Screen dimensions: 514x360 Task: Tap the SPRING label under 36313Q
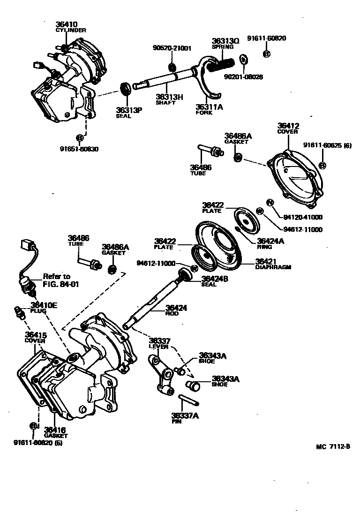[220, 47]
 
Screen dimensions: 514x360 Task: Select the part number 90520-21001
[172, 48]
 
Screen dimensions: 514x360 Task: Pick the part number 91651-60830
[79, 149]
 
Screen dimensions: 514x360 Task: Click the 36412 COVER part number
[288, 126]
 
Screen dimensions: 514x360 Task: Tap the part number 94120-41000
[303, 217]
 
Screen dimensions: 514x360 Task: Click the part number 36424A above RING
[271, 241]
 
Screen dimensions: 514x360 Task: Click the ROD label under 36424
[172, 313]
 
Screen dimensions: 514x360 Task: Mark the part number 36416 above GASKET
[55, 430]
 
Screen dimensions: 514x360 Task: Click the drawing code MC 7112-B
[332, 446]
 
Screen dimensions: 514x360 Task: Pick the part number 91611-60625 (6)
[327, 145]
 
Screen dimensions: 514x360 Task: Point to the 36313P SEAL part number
[129, 110]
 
